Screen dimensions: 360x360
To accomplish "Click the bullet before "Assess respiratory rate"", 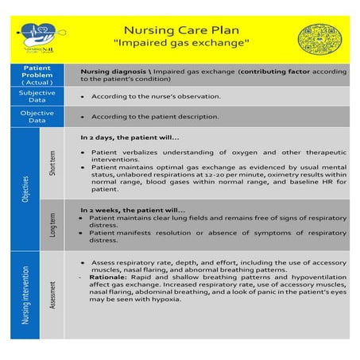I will [x=84, y=261].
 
